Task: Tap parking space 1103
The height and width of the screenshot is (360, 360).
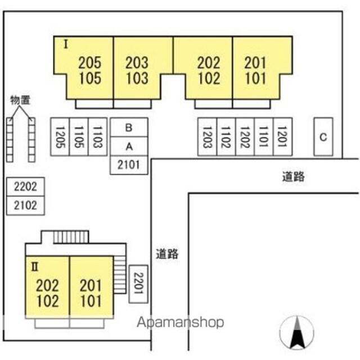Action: point(97,137)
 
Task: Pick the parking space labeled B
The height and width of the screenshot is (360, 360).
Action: point(129,127)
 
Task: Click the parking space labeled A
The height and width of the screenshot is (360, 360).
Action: point(129,146)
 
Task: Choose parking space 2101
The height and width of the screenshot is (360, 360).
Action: point(129,165)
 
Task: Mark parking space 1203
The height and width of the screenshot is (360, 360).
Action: point(206,137)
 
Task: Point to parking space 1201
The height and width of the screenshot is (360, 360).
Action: point(282,137)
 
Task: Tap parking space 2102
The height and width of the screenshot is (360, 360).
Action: point(25,205)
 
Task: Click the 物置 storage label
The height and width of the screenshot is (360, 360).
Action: point(20,101)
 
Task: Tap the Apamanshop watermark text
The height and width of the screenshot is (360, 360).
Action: point(181,322)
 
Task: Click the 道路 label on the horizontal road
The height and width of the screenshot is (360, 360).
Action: point(294,177)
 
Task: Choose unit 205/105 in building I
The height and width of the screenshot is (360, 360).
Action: point(90,70)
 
